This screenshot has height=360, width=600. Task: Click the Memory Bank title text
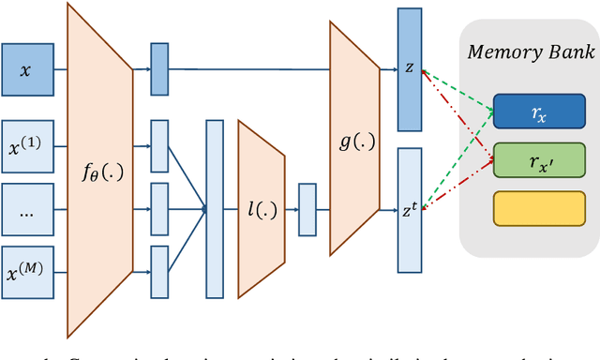[532, 51]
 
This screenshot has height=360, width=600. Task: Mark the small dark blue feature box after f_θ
[158, 68]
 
